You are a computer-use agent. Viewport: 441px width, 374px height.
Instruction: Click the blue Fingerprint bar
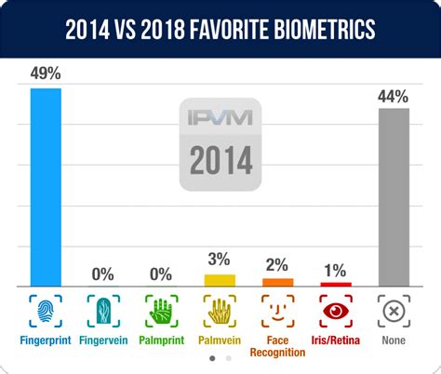[x=46, y=186]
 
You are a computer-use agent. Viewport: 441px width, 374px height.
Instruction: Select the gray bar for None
[x=394, y=195]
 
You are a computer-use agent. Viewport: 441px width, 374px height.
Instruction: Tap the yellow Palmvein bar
[x=220, y=279]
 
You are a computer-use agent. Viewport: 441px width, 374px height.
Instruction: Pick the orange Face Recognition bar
[x=277, y=281]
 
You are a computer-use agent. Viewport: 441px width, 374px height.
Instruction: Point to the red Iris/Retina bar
[x=335, y=283]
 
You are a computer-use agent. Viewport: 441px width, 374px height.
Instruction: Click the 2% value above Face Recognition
[x=277, y=265]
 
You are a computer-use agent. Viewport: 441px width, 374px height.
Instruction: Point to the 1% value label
[x=335, y=270]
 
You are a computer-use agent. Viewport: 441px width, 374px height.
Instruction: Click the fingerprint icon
[x=46, y=310]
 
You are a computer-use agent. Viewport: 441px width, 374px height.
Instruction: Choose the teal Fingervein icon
[x=103, y=310]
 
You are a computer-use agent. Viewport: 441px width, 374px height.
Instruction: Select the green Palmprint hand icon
[x=161, y=310]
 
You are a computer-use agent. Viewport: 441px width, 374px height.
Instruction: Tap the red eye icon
[x=335, y=310]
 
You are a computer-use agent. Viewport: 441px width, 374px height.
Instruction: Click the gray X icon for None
[x=394, y=310]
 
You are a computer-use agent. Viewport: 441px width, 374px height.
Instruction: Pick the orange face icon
[x=277, y=310]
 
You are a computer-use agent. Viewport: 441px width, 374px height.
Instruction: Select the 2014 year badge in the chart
[x=220, y=161]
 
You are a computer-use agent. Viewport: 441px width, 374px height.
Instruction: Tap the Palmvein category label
[x=220, y=340]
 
